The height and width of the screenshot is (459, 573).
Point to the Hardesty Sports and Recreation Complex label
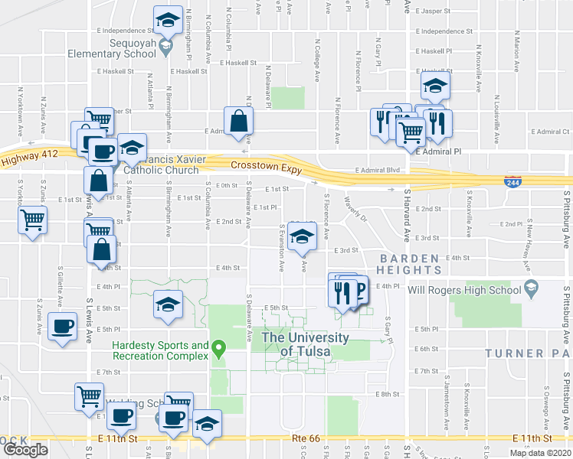(x=159, y=351)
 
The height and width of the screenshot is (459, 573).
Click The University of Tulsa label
(x=305, y=344)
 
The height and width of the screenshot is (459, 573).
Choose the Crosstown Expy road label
(x=260, y=164)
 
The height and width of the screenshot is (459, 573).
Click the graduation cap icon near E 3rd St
(x=303, y=236)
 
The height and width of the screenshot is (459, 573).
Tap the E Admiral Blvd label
(x=378, y=170)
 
